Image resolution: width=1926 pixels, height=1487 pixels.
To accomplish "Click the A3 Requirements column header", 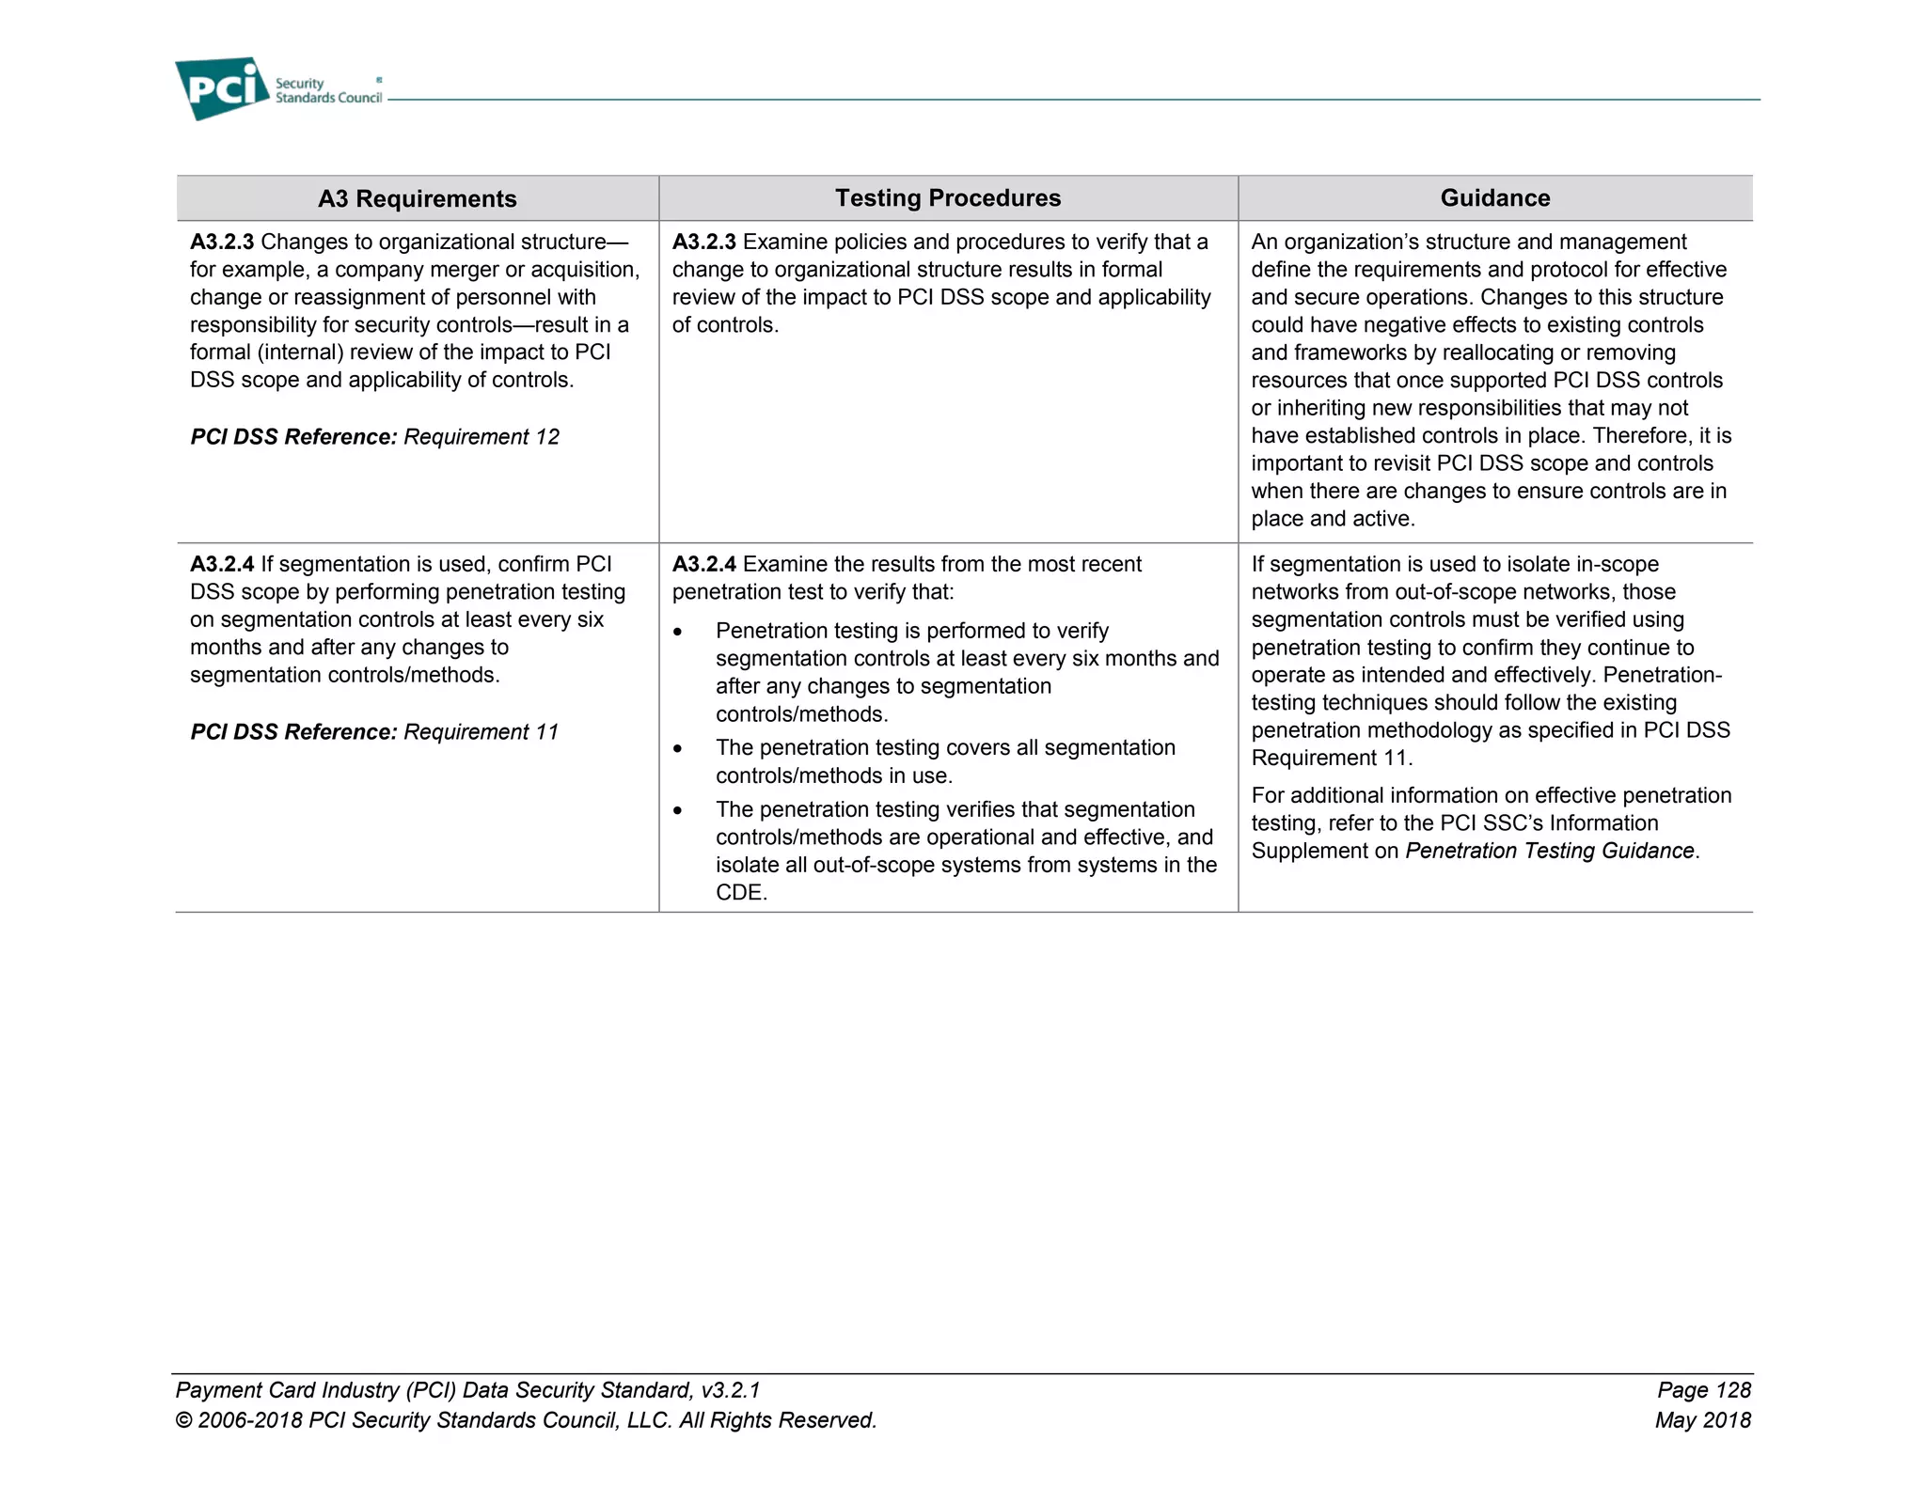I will click(417, 198).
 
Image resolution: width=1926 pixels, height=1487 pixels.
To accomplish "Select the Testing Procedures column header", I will click(947, 197).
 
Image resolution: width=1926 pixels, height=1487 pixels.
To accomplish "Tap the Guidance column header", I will click(1494, 197).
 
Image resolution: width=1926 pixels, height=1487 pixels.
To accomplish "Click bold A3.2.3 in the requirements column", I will click(222, 242).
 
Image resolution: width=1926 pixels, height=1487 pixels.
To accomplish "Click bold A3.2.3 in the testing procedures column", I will click(703, 242).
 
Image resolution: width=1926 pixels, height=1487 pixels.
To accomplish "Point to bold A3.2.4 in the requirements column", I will click(222, 564).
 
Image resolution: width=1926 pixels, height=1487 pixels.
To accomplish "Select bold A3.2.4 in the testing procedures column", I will click(703, 564).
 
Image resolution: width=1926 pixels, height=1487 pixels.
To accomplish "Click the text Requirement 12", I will click(481, 437).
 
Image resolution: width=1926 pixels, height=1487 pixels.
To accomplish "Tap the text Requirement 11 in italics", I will click(481, 732).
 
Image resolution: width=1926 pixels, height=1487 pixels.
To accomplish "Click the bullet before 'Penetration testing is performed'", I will click(677, 632).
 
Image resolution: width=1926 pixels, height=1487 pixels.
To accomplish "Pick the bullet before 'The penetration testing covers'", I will click(677, 749).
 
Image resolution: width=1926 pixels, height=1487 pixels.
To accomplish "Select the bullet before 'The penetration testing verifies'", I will click(677, 810).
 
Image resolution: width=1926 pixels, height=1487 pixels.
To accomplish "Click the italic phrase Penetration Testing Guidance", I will click(1549, 851).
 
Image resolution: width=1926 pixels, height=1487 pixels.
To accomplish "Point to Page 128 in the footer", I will click(1703, 1390).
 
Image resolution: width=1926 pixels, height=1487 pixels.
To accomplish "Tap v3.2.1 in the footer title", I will click(731, 1390).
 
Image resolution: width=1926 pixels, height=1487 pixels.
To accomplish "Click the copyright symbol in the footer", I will click(183, 1421).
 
